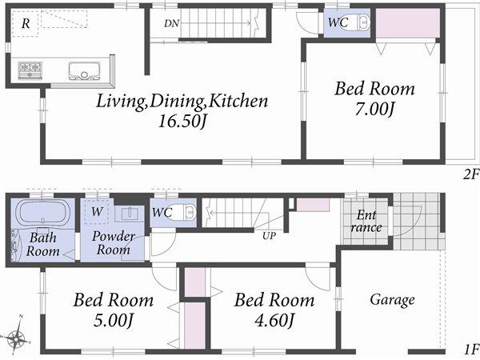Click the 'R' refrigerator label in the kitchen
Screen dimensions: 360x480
pyautogui.click(x=26, y=23)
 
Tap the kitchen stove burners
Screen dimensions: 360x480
pyautogui.click(x=30, y=68)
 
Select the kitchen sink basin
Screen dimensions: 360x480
pyautogui.click(x=83, y=69)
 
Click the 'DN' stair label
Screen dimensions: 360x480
pyautogui.click(x=171, y=23)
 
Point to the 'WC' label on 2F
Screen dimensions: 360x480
pyautogui.click(x=337, y=23)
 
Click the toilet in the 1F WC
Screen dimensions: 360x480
pyautogui.click(x=187, y=213)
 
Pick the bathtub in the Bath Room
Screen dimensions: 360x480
pyautogui.click(x=43, y=214)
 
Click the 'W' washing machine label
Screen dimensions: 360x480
pyautogui.click(x=96, y=212)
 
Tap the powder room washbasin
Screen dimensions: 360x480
pyautogui.click(x=128, y=214)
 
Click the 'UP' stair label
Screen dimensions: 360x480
pyautogui.click(x=270, y=235)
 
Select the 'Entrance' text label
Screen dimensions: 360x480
pyautogui.click(x=366, y=222)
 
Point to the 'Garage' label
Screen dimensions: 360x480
pyautogui.click(x=392, y=300)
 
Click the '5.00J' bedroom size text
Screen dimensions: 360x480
pyautogui.click(x=113, y=322)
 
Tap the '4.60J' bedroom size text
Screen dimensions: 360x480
pyautogui.click(x=274, y=322)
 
